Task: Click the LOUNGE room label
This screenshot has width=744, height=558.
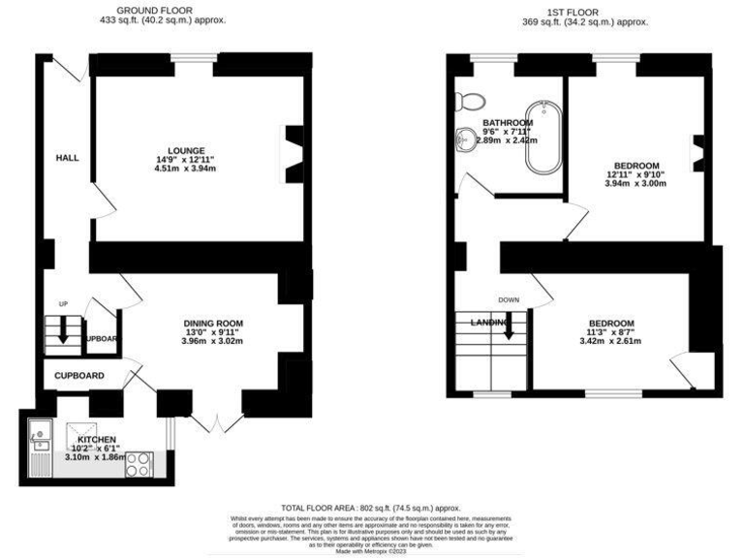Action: pyautogui.click(x=186, y=151)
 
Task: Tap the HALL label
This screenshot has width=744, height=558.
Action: pyautogui.click(x=67, y=158)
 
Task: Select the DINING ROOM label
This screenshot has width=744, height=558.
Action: pyautogui.click(x=213, y=323)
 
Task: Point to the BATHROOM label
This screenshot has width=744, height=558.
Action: pyautogui.click(x=508, y=122)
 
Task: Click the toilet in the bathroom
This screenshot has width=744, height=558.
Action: pyautogui.click(x=474, y=98)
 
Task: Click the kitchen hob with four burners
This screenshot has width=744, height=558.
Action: pyautogui.click(x=139, y=464)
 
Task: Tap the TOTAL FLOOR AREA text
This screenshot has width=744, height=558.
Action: pyautogui.click(x=371, y=508)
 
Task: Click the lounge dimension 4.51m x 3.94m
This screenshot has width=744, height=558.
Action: pyautogui.click(x=186, y=169)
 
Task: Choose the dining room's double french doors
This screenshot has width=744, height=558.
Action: pyautogui.click(x=219, y=422)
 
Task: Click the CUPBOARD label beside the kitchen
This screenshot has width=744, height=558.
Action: pyautogui.click(x=78, y=375)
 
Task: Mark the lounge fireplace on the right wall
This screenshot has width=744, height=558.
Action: pyautogui.click(x=293, y=153)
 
